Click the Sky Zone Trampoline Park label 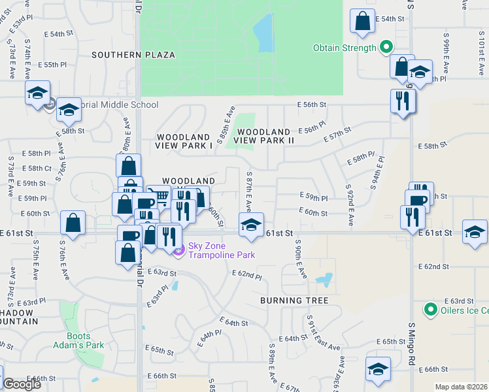click(x=221, y=250)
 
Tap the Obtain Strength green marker click(x=386, y=47)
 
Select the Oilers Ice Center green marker click(x=430, y=309)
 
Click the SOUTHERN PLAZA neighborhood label click(x=133, y=55)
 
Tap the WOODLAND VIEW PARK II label click(x=263, y=136)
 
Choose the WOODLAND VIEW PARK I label click(x=184, y=142)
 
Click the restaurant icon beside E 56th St click(x=402, y=101)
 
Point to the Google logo click(x=22, y=384)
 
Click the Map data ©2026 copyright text click(x=461, y=387)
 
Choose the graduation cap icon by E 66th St click(x=378, y=370)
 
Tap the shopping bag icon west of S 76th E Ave click(x=73, y=222)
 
